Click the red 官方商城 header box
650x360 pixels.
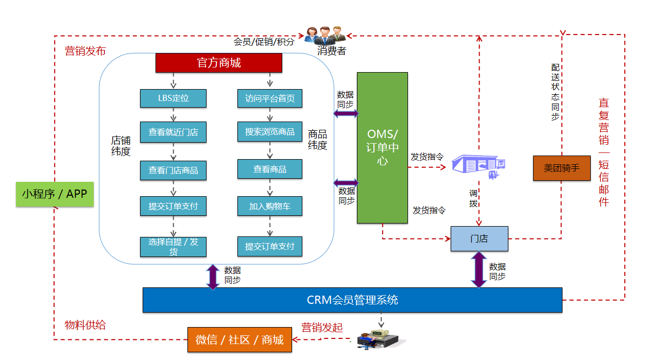tap(219, 63)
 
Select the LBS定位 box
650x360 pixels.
tap(173, 98)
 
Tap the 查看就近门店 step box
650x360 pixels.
tap(173, 132)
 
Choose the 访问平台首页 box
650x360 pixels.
tap(269, 98)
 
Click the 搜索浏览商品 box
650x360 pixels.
tap(269, 132)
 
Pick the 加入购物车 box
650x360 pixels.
tap(269, 206)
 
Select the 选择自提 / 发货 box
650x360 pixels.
tap(173, 246)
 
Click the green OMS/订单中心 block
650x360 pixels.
tap(382, 147)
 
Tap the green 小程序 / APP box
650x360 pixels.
tap(55, 194)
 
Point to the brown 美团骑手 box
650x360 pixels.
tap(561, 168)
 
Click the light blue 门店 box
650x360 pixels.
tap(479, 239)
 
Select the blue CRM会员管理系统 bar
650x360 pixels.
tap(352, 300)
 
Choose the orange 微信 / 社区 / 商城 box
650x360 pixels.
tap(240, 340)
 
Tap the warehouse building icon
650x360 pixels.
tap(477, 165)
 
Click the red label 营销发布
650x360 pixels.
tap(85, 51)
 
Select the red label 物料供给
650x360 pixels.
tap(85, 325)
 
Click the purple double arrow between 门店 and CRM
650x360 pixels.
tap(479, 269)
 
